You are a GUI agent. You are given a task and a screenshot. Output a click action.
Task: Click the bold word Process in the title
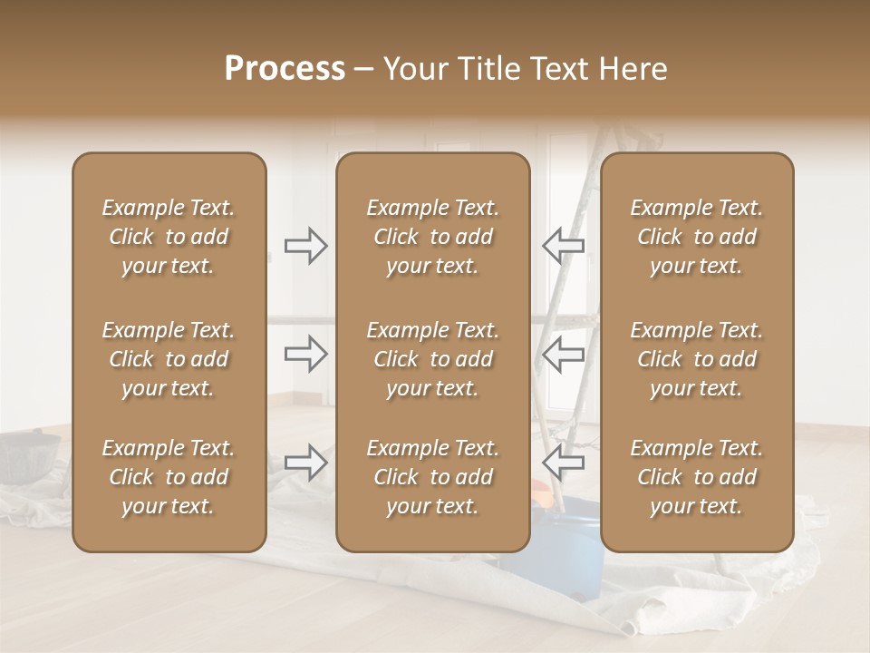tap(285, 69)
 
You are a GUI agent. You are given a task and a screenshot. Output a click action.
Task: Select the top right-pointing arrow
tap(305, 246)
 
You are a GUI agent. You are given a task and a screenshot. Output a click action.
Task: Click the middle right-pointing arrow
tap(305, 354)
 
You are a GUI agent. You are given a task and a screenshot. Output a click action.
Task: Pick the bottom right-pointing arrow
tap(305, 463)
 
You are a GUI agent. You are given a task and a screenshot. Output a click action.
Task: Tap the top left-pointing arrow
tap(563, 246)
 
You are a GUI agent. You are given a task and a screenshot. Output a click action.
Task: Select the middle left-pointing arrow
tap(563, 354)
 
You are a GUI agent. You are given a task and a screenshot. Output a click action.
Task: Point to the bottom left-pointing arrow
tap(563, 463)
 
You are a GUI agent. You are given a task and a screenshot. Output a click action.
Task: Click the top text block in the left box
tap(169, 237)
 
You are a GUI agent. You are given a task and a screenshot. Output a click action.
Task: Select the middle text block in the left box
tap(169, 359)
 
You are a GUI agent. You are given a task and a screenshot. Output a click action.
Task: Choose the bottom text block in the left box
tap(169, 477)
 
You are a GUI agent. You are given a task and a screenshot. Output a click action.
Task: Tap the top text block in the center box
tap(433, 237)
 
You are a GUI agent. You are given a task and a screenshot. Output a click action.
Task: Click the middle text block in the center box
tap(433, 359)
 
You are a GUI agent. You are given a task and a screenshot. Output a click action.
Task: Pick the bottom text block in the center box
tap(433, 477)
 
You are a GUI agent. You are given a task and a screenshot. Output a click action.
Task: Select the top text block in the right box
tap(697, 237)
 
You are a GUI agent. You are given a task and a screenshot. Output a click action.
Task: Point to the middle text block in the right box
tap(697, 359)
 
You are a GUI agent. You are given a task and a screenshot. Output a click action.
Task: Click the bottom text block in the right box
tap(697, 477)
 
